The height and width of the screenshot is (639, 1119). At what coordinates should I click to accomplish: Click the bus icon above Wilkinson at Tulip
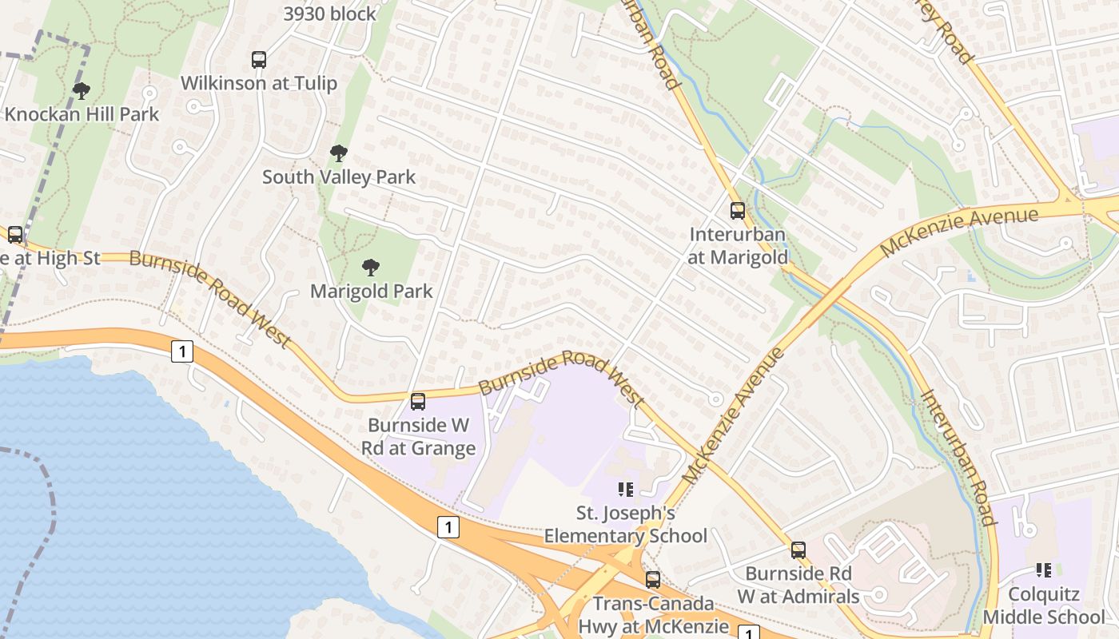[259, 59]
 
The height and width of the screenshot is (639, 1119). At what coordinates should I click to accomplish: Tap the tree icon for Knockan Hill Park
[81, 90]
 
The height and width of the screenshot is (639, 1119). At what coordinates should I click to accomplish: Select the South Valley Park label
[339, 177]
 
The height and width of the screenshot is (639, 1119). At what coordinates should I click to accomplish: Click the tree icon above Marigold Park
[370, 267]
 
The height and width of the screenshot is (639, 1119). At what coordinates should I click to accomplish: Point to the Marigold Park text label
[371, 291]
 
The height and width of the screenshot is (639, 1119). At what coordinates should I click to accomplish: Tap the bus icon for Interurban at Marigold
[737, 211]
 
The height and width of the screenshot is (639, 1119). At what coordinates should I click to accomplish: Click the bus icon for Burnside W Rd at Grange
[417, 401]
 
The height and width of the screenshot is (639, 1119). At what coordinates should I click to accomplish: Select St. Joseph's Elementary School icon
[625, 489]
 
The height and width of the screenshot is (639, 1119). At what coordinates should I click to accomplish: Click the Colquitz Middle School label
[1043, 605]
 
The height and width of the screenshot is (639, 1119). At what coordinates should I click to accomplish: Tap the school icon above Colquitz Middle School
[1043, 570]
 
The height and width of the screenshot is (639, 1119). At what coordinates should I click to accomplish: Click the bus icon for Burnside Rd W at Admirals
[798, 550]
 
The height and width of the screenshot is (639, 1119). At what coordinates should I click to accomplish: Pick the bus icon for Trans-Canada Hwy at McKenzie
[653, 579]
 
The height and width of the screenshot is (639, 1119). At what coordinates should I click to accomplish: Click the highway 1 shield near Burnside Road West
[182, 351]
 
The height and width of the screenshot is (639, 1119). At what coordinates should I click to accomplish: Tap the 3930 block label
[329, 14]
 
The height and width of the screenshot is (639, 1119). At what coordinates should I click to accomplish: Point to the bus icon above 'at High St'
[15, 234]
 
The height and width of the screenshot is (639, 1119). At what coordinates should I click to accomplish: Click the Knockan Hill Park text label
[82, 113]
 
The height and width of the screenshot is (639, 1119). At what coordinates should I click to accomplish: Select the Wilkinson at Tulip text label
[258, 83]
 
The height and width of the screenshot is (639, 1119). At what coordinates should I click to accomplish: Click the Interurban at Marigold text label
[737, 245]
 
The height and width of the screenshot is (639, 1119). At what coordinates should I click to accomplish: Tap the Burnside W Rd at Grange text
[418, 436]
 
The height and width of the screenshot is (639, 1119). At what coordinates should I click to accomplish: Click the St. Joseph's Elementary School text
[625, 523]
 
